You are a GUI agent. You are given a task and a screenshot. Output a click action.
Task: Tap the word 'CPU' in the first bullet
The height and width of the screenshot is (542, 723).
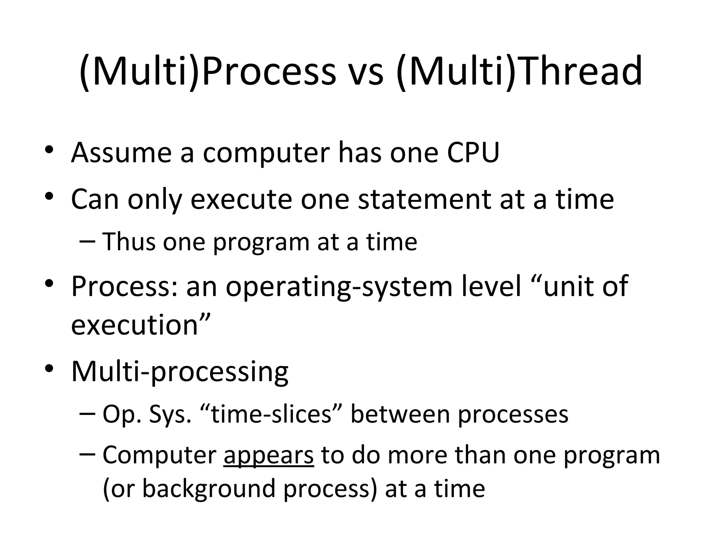click(473, 152)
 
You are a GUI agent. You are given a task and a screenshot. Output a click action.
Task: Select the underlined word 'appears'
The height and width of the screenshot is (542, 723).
click(268, 455)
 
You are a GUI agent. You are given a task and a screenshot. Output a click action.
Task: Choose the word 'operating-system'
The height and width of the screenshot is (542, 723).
click(339, 287)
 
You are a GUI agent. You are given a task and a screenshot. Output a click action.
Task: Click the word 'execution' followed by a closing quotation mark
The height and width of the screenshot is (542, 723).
click(135, 325)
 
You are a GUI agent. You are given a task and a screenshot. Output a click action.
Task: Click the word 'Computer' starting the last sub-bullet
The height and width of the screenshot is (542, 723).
click(159, 455)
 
